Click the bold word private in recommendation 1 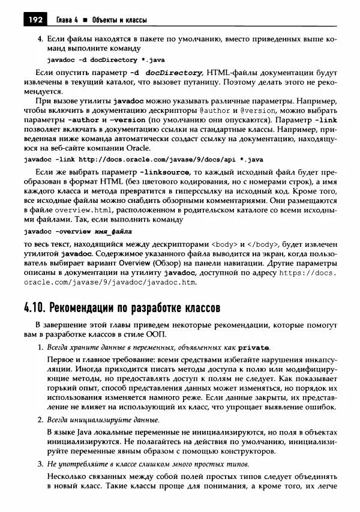pos(253,348)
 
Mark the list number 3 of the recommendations pos(40,465)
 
